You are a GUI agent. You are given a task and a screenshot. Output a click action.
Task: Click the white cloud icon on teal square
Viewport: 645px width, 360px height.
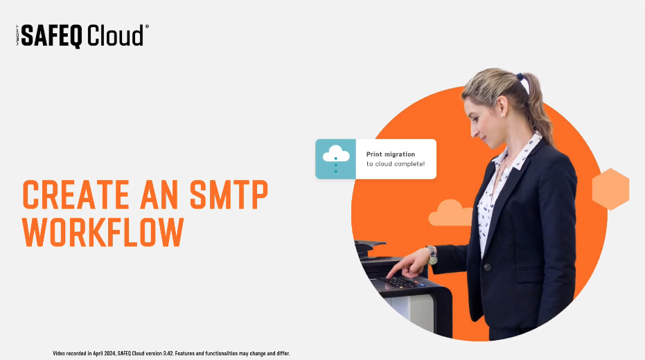coord(335,154)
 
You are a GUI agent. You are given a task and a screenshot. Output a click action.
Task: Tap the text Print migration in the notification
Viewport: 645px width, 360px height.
coord(391,154)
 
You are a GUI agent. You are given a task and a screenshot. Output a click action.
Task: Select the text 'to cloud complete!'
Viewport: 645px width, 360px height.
coord(395,165)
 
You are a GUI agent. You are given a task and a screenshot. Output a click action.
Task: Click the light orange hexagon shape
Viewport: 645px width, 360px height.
coord(610,189)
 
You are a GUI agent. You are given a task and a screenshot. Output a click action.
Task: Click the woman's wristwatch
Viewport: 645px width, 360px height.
coord(432,255)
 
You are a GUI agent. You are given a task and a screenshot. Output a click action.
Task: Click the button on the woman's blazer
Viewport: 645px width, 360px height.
coord(487,267)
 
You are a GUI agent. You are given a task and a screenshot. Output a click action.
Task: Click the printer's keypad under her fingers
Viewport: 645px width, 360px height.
coord(401,282)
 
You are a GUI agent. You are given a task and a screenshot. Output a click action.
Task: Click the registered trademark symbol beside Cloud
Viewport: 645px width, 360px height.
coord(147,26)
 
